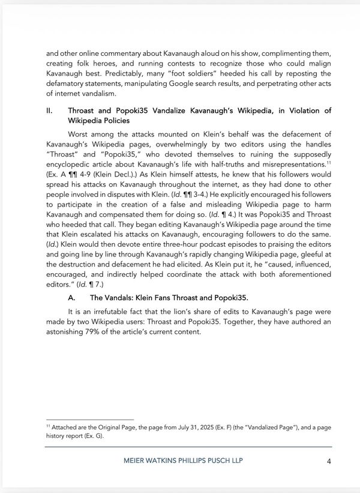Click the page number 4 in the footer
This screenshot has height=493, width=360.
(329, 461)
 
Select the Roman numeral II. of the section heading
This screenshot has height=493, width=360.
(50, 111)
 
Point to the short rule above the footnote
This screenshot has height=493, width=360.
(90, 419)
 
